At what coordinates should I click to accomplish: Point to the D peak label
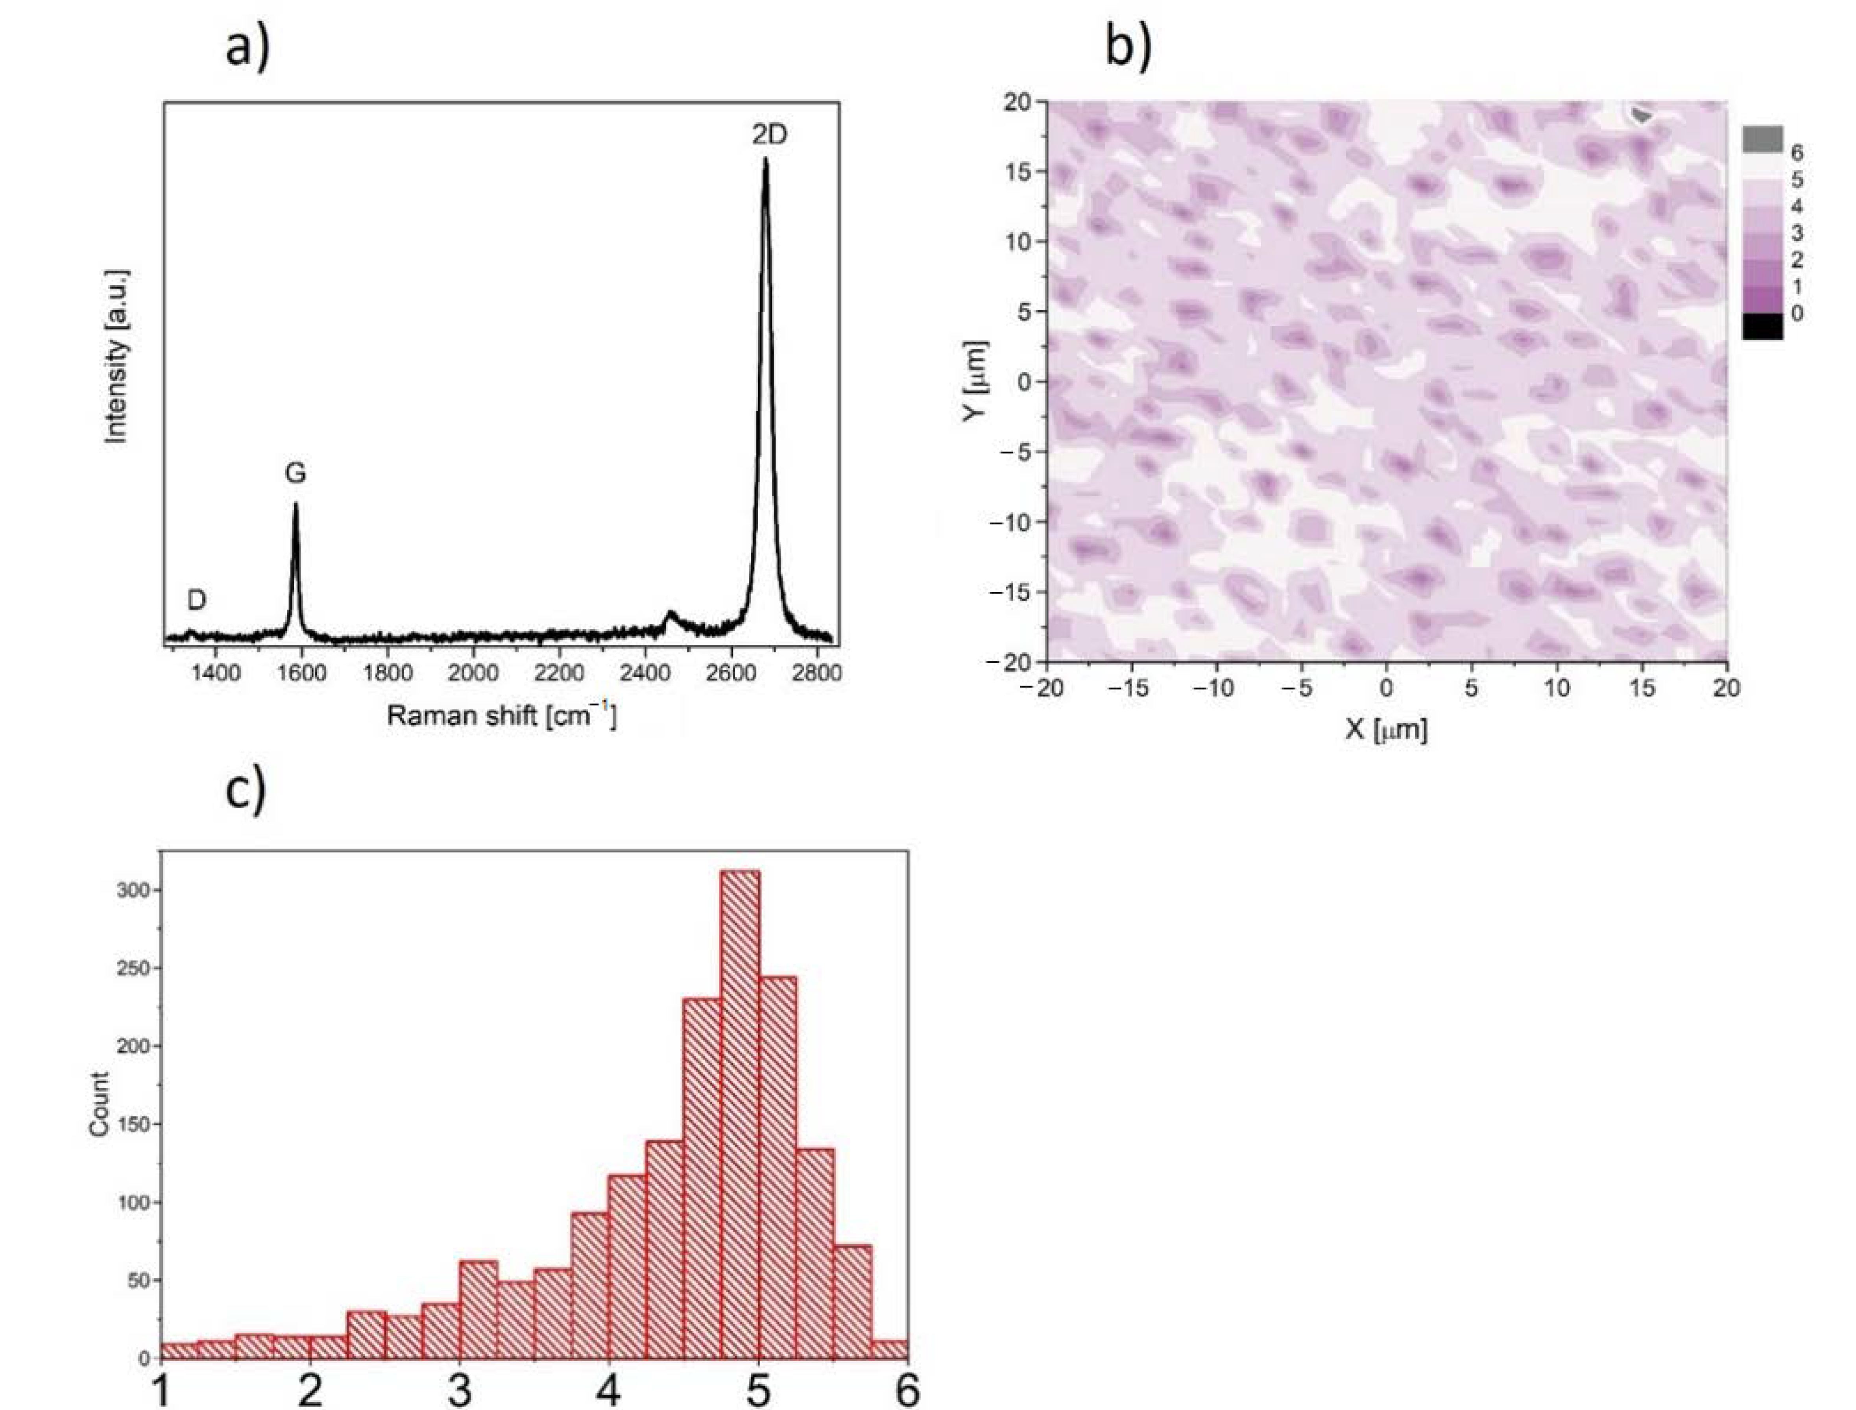[x=196, y=600]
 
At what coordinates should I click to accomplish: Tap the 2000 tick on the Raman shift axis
[x=473, y=673]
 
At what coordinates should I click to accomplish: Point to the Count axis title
[x=99, y=1104]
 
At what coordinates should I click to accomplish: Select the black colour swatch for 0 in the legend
[x=1762, y=326]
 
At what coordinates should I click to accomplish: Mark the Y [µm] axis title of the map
[x=976, y=382]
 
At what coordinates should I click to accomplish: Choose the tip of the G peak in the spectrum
[x=295, y=504]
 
